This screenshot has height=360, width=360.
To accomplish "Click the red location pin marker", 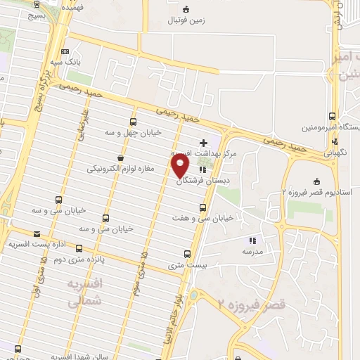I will (x=181, y=165).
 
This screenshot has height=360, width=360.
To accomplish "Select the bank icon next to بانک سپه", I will (x=65, y=51).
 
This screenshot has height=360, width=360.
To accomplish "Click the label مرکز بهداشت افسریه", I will (x=205, y=153).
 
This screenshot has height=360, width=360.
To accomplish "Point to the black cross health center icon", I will (x=204, y=142).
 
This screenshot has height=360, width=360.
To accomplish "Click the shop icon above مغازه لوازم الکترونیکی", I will (x=120, y=157).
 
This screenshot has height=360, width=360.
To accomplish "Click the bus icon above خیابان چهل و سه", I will (x=134, y=121).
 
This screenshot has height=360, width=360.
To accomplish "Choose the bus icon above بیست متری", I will (x=187, y=254).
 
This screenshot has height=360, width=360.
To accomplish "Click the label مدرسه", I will (x=252, y=251).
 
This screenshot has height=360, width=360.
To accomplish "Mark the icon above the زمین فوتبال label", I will (x=186, y=9).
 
